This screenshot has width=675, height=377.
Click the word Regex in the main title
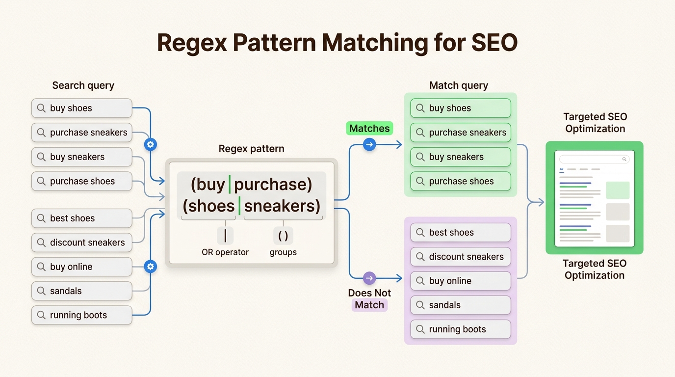(192, 43)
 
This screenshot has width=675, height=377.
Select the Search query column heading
(83, 85)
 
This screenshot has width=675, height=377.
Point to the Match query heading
(459, 85)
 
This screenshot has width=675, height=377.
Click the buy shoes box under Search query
(81, 108)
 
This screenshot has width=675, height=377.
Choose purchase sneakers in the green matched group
(460, 133)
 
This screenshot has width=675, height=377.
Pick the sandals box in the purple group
(460, 305)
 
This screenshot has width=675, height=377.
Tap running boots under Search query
(81, 315)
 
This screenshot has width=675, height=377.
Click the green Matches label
(369, 129)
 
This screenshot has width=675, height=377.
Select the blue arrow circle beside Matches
(369, 144)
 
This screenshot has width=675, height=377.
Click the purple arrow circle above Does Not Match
(369, 278)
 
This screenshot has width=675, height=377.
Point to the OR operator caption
(225, 252)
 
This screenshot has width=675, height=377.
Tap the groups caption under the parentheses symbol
(283, 252)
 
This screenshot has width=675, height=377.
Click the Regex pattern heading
(251, 149)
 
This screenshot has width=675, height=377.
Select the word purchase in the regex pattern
(273, 184)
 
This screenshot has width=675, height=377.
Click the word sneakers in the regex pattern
(282, 206)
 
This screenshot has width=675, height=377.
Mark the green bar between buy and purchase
(230, 184)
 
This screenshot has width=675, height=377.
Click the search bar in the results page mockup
(594, 159)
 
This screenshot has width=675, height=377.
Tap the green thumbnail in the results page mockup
(618, 190)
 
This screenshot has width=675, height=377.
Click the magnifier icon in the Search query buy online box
(41, 267)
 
